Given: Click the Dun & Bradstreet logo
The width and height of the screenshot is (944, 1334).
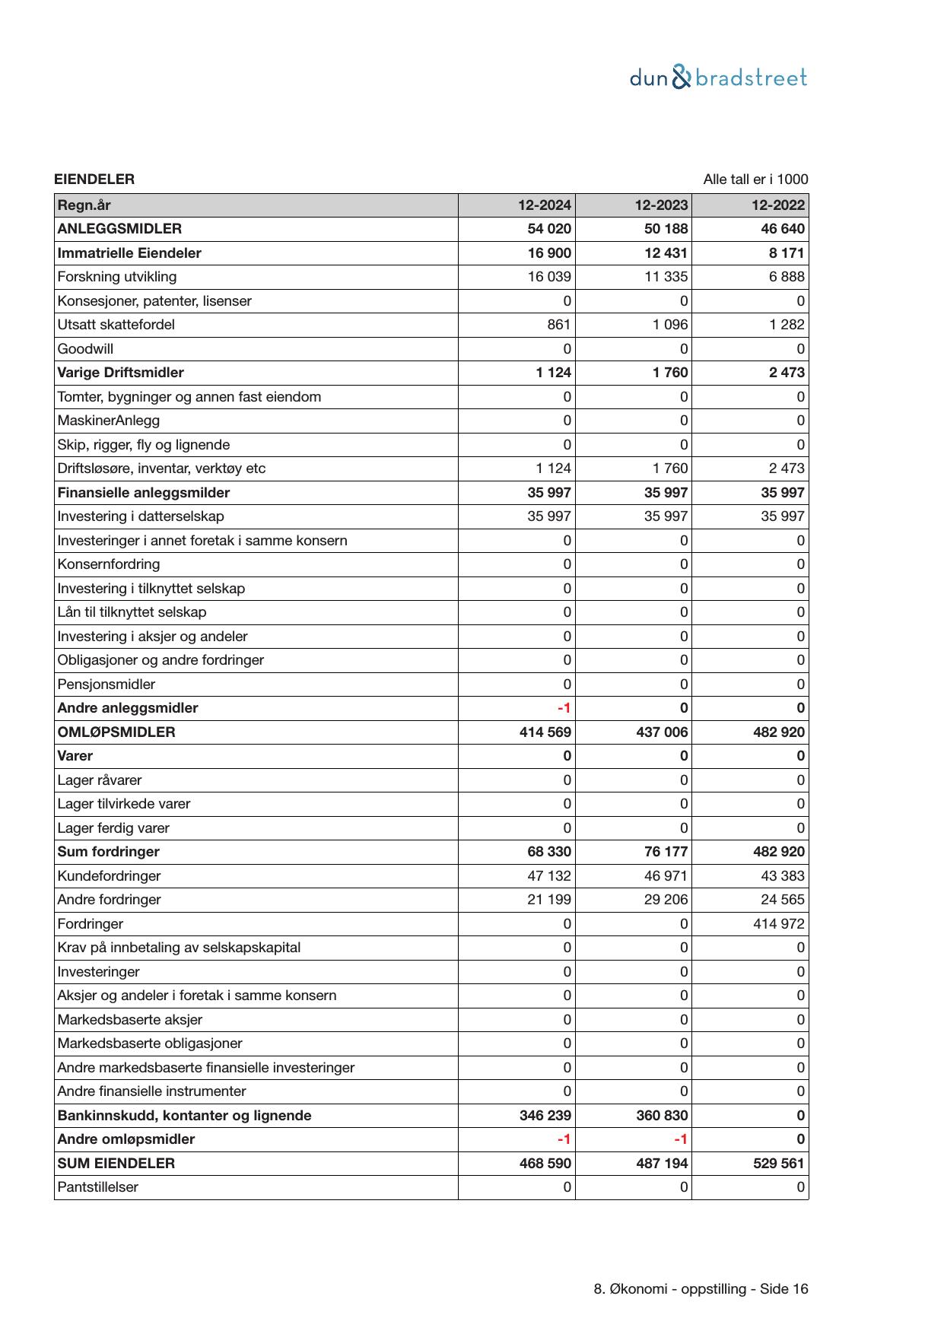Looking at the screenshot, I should (718, 78).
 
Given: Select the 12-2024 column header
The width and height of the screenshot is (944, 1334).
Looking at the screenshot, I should (545, 205).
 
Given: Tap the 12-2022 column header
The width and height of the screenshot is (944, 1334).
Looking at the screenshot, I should (778, 205).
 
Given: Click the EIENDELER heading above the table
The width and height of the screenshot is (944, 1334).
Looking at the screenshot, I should (94, 179).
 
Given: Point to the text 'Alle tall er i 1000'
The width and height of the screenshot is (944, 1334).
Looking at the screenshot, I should (755, 179).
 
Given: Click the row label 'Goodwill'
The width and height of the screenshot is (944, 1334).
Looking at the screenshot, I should (85, 349).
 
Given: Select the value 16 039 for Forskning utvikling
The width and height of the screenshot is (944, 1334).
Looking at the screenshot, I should (549, 277).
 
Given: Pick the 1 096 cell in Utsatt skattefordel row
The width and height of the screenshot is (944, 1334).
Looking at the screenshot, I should (669, 325).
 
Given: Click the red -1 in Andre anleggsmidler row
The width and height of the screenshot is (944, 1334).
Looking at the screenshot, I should (564, 708).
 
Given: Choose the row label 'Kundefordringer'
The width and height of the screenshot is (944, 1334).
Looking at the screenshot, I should (109, 876).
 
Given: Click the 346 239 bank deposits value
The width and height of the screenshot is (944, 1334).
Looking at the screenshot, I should (545, 1116).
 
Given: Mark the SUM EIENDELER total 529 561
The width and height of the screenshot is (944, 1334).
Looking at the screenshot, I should (778, 1164).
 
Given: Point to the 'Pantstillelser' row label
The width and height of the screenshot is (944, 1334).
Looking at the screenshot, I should (97, 1187).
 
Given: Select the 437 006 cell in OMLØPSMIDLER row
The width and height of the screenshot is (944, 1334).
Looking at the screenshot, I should (662, 732).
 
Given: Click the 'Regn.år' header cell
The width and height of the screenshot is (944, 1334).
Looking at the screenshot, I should (84, 205).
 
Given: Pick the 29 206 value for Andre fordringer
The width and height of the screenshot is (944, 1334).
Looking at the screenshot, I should (666, 900).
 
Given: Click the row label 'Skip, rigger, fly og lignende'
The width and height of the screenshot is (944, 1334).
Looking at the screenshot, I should (143, 445).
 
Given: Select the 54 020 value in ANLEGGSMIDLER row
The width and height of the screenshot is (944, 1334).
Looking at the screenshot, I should (549, 229).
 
